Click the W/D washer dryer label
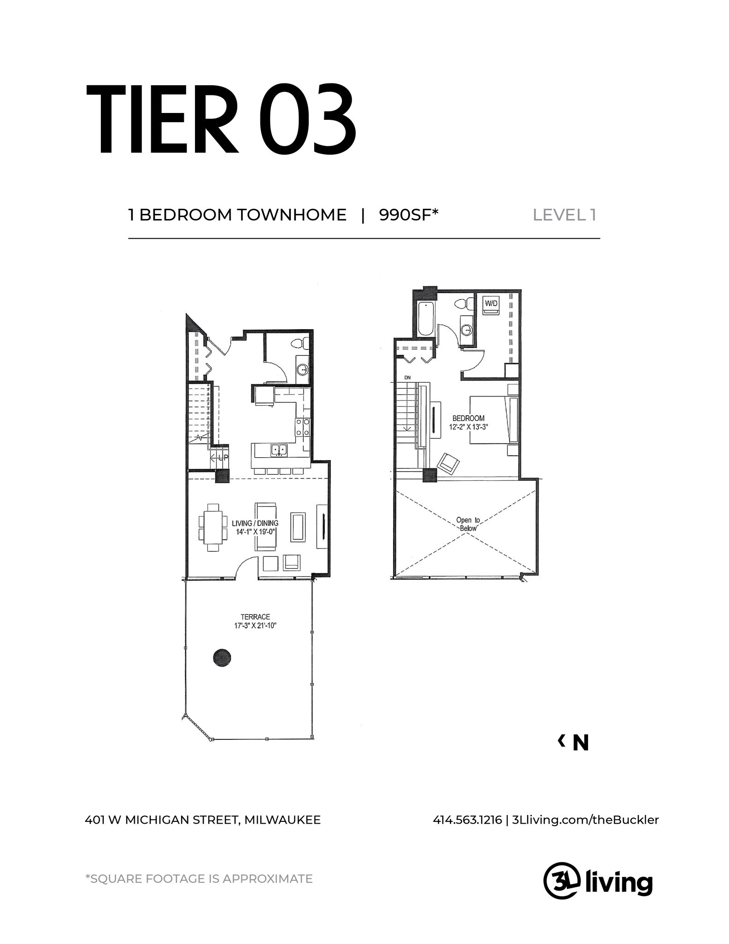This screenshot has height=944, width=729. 491,304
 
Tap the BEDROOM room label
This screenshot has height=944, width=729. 468,419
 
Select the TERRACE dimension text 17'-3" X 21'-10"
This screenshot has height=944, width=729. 255,625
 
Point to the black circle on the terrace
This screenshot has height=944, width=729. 222,657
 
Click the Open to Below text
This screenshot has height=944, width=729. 468,524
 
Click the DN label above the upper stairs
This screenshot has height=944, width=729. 407,378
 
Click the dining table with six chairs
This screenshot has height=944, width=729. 213,527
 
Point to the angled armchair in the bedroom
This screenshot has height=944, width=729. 448,462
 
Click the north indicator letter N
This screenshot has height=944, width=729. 580,743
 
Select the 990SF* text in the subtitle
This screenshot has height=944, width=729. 408,215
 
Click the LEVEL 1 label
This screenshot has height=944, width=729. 564,215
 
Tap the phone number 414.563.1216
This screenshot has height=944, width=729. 467,820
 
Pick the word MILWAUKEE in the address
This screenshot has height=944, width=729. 282,820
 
